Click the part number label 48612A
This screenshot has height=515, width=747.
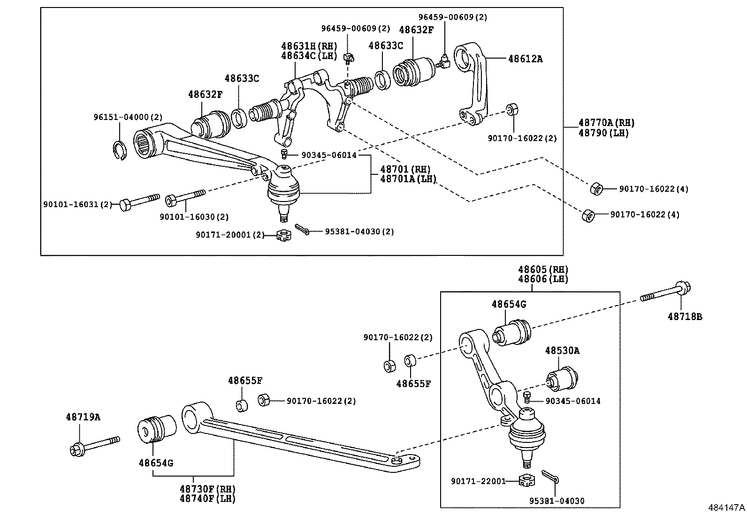pos(525,59)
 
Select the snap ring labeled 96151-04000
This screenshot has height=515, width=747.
pos(119,150)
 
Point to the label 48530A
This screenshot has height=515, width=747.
pos(562,351)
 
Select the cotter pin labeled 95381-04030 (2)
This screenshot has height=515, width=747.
pos(302,229)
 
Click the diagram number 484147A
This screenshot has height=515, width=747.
pos(726,508)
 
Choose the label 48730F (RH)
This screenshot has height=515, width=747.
pos(207,489)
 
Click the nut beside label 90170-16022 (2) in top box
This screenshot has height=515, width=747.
pos(512,110)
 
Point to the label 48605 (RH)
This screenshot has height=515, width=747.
pos(543,269)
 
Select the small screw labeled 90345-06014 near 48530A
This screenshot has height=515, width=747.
pos(527,397)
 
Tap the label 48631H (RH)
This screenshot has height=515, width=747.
pos(309,46)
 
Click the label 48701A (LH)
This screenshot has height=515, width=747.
pos(408,179)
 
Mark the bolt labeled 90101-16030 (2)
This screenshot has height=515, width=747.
pos(185,198)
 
